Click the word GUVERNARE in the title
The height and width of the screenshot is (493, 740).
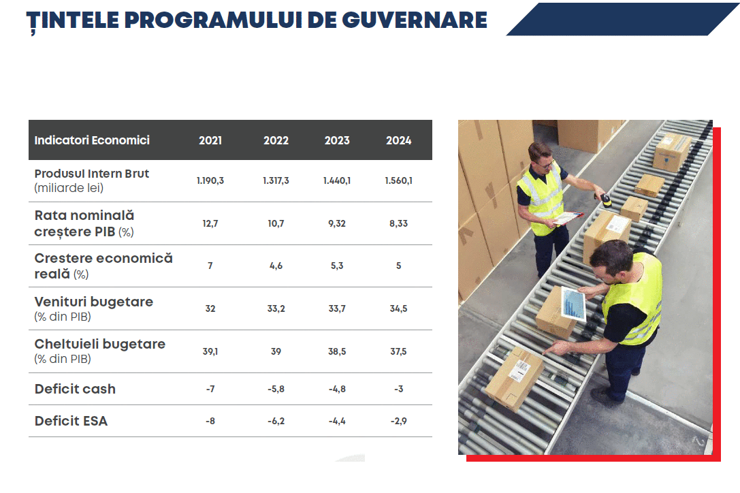pos(414,20)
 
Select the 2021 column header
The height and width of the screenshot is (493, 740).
pos(210,140)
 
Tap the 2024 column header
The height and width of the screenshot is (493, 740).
pos(398,140)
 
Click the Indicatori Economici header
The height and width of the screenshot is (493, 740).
pos(92,140)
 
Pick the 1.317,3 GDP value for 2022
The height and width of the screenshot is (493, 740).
pos(276,181)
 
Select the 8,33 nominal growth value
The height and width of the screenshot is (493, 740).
pos(398,223)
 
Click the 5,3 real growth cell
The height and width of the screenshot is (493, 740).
pos(337,266)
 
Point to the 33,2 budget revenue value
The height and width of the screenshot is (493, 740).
pos(276,308)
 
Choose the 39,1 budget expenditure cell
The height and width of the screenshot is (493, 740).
pos(210,351)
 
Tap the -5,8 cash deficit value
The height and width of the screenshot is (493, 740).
pos(276,389)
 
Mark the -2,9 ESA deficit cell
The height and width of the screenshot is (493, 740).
pos(398,421)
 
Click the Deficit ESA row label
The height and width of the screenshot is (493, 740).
pos(71,421)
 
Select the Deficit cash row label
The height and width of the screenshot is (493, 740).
pos(75,389)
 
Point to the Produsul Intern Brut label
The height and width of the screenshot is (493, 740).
pos(91,174)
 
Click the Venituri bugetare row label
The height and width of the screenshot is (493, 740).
pos(94,302)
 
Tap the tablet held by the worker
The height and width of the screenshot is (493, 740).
pos(573,304)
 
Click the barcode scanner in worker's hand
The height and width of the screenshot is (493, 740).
pos(605,199)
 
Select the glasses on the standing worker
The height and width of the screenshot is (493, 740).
pos(547,163)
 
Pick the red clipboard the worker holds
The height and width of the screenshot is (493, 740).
pos(568,218)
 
